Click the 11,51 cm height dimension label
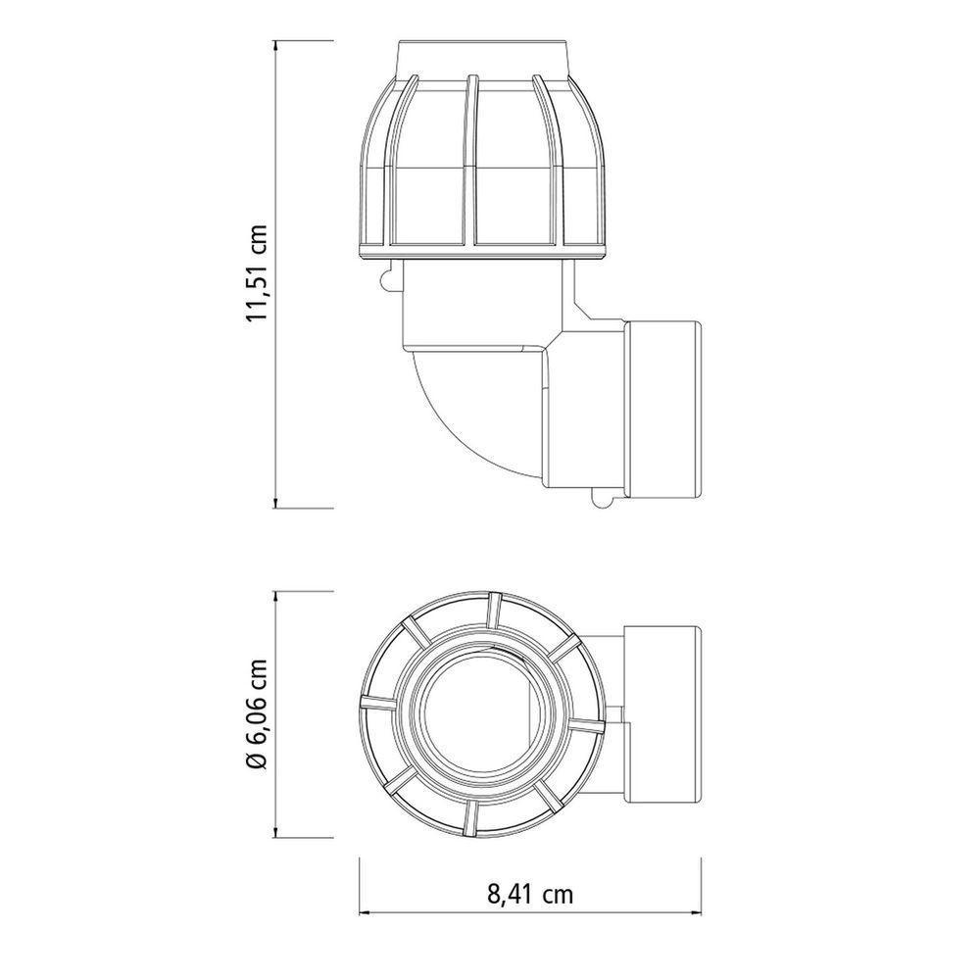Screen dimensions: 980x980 (x=258, y=273)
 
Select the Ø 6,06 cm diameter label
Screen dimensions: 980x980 (x=258, y=711)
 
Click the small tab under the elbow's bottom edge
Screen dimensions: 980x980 (x=602, y=502)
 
